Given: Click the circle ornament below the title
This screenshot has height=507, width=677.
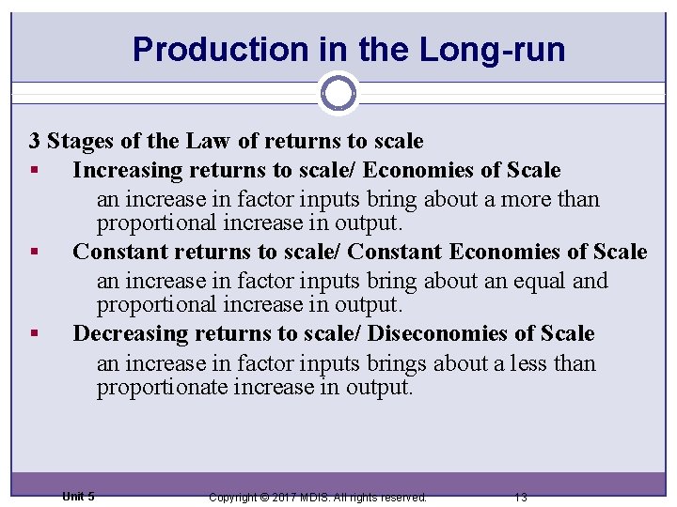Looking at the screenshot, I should tap(338, 93).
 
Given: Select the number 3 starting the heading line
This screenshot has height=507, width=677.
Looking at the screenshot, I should tap(35, 142).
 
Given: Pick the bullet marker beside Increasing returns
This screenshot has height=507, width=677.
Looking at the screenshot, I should tap(34, 171).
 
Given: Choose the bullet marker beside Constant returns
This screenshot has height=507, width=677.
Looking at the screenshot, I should tap(34, 253).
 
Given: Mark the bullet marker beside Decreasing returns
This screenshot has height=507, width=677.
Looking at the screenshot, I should tap(34, 334).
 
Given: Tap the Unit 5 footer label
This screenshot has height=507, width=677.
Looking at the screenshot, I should tap(78, 496).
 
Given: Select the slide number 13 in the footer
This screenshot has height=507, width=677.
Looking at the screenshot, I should tap(521, 497).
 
